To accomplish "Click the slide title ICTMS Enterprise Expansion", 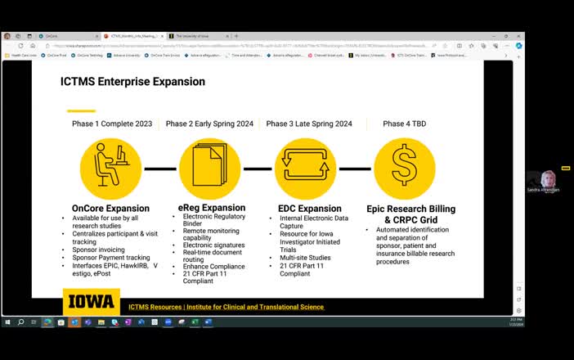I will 132,82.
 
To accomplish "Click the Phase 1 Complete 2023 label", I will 111,124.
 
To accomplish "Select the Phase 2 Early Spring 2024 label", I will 209,124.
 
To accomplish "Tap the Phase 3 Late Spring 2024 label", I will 309,124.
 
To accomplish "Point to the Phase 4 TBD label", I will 404,124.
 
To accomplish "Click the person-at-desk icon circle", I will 110,169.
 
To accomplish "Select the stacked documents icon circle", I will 209,169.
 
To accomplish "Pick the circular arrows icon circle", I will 306,169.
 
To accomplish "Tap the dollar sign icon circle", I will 404,169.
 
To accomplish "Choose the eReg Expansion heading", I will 212,209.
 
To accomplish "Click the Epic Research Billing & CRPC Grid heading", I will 410,214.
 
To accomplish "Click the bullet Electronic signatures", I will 213,244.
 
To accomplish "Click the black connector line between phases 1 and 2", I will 160,169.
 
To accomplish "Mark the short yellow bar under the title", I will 81,110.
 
